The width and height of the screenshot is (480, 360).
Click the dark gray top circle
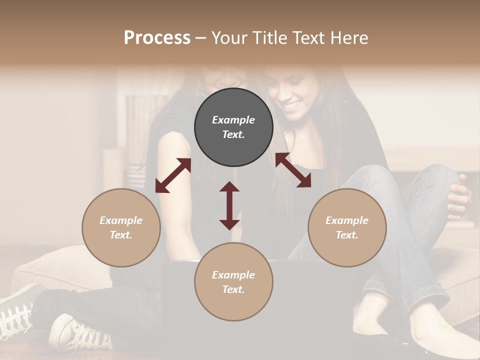[233, 127]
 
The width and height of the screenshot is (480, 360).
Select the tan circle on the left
[121, 227]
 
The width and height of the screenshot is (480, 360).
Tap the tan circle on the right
[347, 227]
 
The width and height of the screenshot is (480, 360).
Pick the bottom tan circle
[233, 282]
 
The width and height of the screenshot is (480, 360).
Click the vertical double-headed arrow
[229, 205]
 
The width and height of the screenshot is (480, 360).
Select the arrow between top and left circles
[173, 175]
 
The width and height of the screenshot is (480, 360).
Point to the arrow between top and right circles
[293, 170]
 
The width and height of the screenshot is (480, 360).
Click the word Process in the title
[157, 38]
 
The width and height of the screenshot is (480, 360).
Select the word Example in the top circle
[233, 120]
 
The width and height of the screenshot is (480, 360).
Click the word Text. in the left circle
[121, 235]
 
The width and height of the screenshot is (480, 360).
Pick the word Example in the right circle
[347, 220]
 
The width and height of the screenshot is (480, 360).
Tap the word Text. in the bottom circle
[233, 289]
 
